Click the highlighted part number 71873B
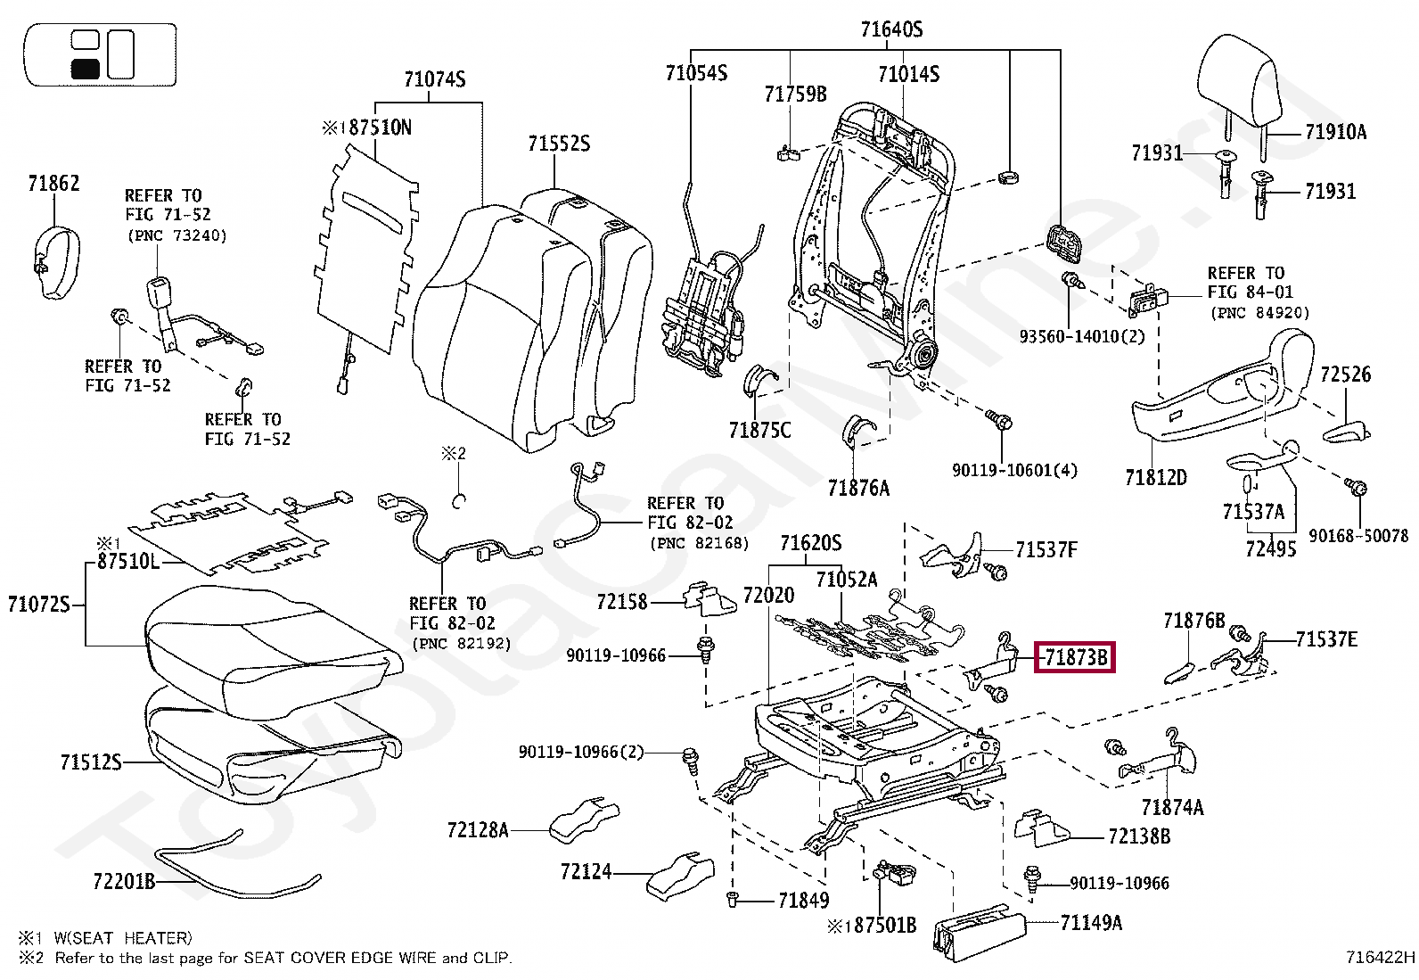[x=1076, y=657]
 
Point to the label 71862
[x=53, y=183]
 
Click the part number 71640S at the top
[x=891, y=29]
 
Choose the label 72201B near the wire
[x=124, y=881]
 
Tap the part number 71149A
[x=1091, y=922]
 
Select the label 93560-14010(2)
[x=1082, y=336]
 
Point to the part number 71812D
[x=1155, y=477]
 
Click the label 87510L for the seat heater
[x=128, y=561]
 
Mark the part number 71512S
[x=91, y=762]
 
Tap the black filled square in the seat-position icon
[x=85, y=69]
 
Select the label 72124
[x=586, y=871]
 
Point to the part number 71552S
[x=559, y=144]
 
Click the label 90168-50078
[x=1358, y=536]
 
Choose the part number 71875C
[x=759, y=431]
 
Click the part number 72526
[x=1346, y=374]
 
